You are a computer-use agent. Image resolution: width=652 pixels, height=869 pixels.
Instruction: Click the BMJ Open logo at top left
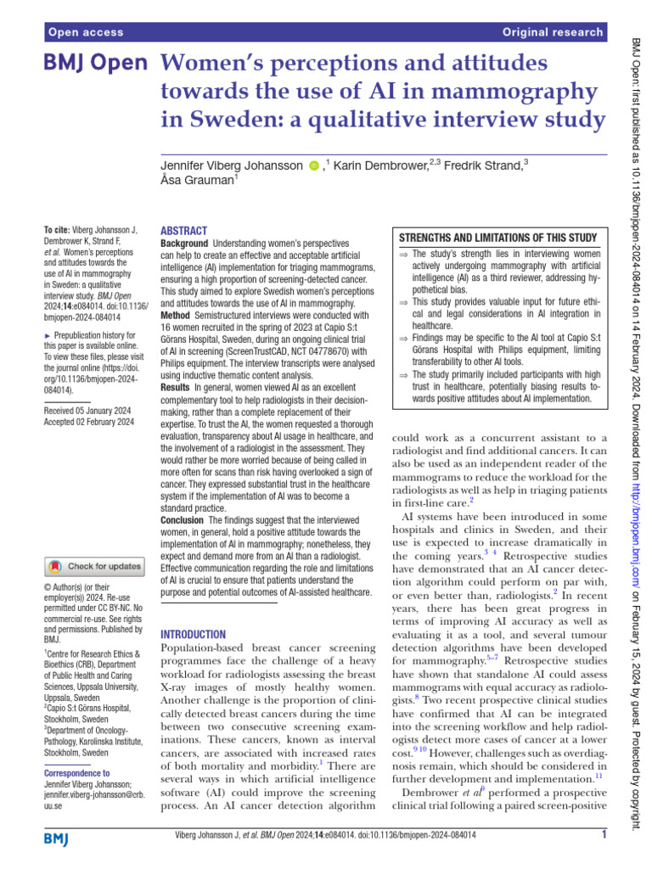coord(96,64)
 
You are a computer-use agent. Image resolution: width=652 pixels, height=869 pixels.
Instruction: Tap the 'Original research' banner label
coord(553,33)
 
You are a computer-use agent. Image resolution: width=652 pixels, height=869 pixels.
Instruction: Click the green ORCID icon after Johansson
coord(314,165)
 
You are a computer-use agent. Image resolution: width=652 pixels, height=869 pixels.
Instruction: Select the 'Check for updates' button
coord(95,566)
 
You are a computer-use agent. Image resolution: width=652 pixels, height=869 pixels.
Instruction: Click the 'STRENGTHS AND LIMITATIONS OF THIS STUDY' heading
coord(497,238)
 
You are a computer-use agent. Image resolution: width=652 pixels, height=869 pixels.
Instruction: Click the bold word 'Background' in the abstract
coord(184,244)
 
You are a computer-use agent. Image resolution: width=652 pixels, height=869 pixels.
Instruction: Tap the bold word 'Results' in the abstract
coord(177,386)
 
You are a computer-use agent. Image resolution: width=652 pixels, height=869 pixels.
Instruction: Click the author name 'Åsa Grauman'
coord(197,180)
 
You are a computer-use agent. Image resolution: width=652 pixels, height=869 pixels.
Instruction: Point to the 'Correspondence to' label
coord(76,773)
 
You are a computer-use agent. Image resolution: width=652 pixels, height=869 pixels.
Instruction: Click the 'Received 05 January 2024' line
coord(88,409)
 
